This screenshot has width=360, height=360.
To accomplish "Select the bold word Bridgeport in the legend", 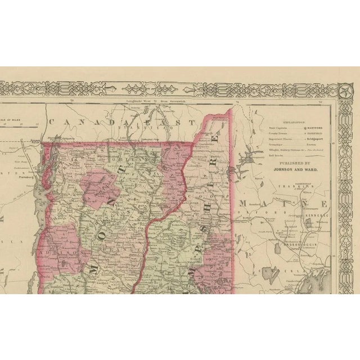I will click(x=316, y=138).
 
